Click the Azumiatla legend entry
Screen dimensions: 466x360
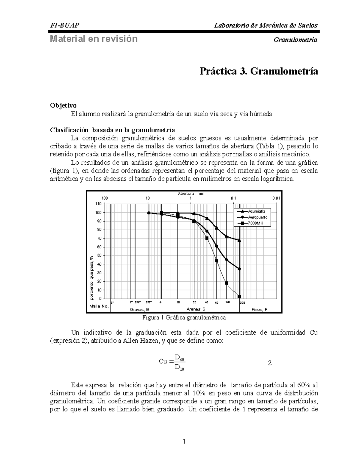[x=256, y=211]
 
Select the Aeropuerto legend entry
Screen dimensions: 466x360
[x=257, y=217]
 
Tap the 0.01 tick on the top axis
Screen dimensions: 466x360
[x=276, y=198]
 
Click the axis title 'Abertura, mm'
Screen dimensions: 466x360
[x=191, y=194]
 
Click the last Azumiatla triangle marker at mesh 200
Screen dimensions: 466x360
[x=239, y=240]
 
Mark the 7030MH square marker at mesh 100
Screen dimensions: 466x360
[x=226, y=283]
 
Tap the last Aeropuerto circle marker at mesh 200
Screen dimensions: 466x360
[x=239, y=269]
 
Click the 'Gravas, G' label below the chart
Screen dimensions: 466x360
[x=139, y=309]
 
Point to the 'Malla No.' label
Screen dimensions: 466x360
[x=99, y=306]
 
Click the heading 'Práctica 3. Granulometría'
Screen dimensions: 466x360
[x=259, y=72]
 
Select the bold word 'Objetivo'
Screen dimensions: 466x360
[x=63, y=105]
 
